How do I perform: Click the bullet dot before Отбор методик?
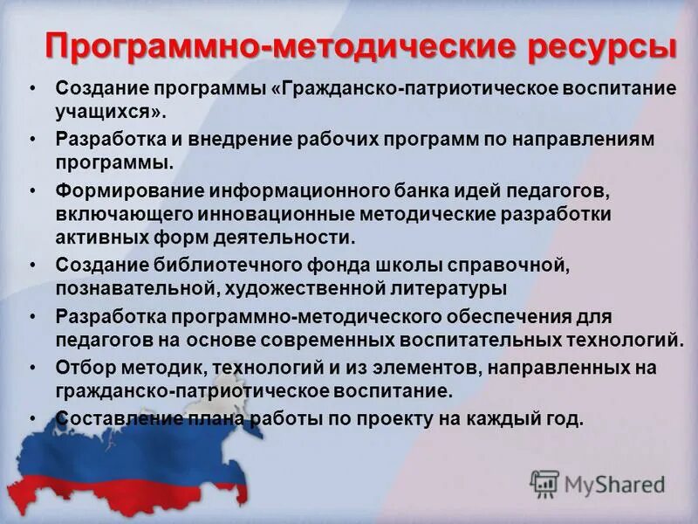pyautogui.click(x=32, y=367)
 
